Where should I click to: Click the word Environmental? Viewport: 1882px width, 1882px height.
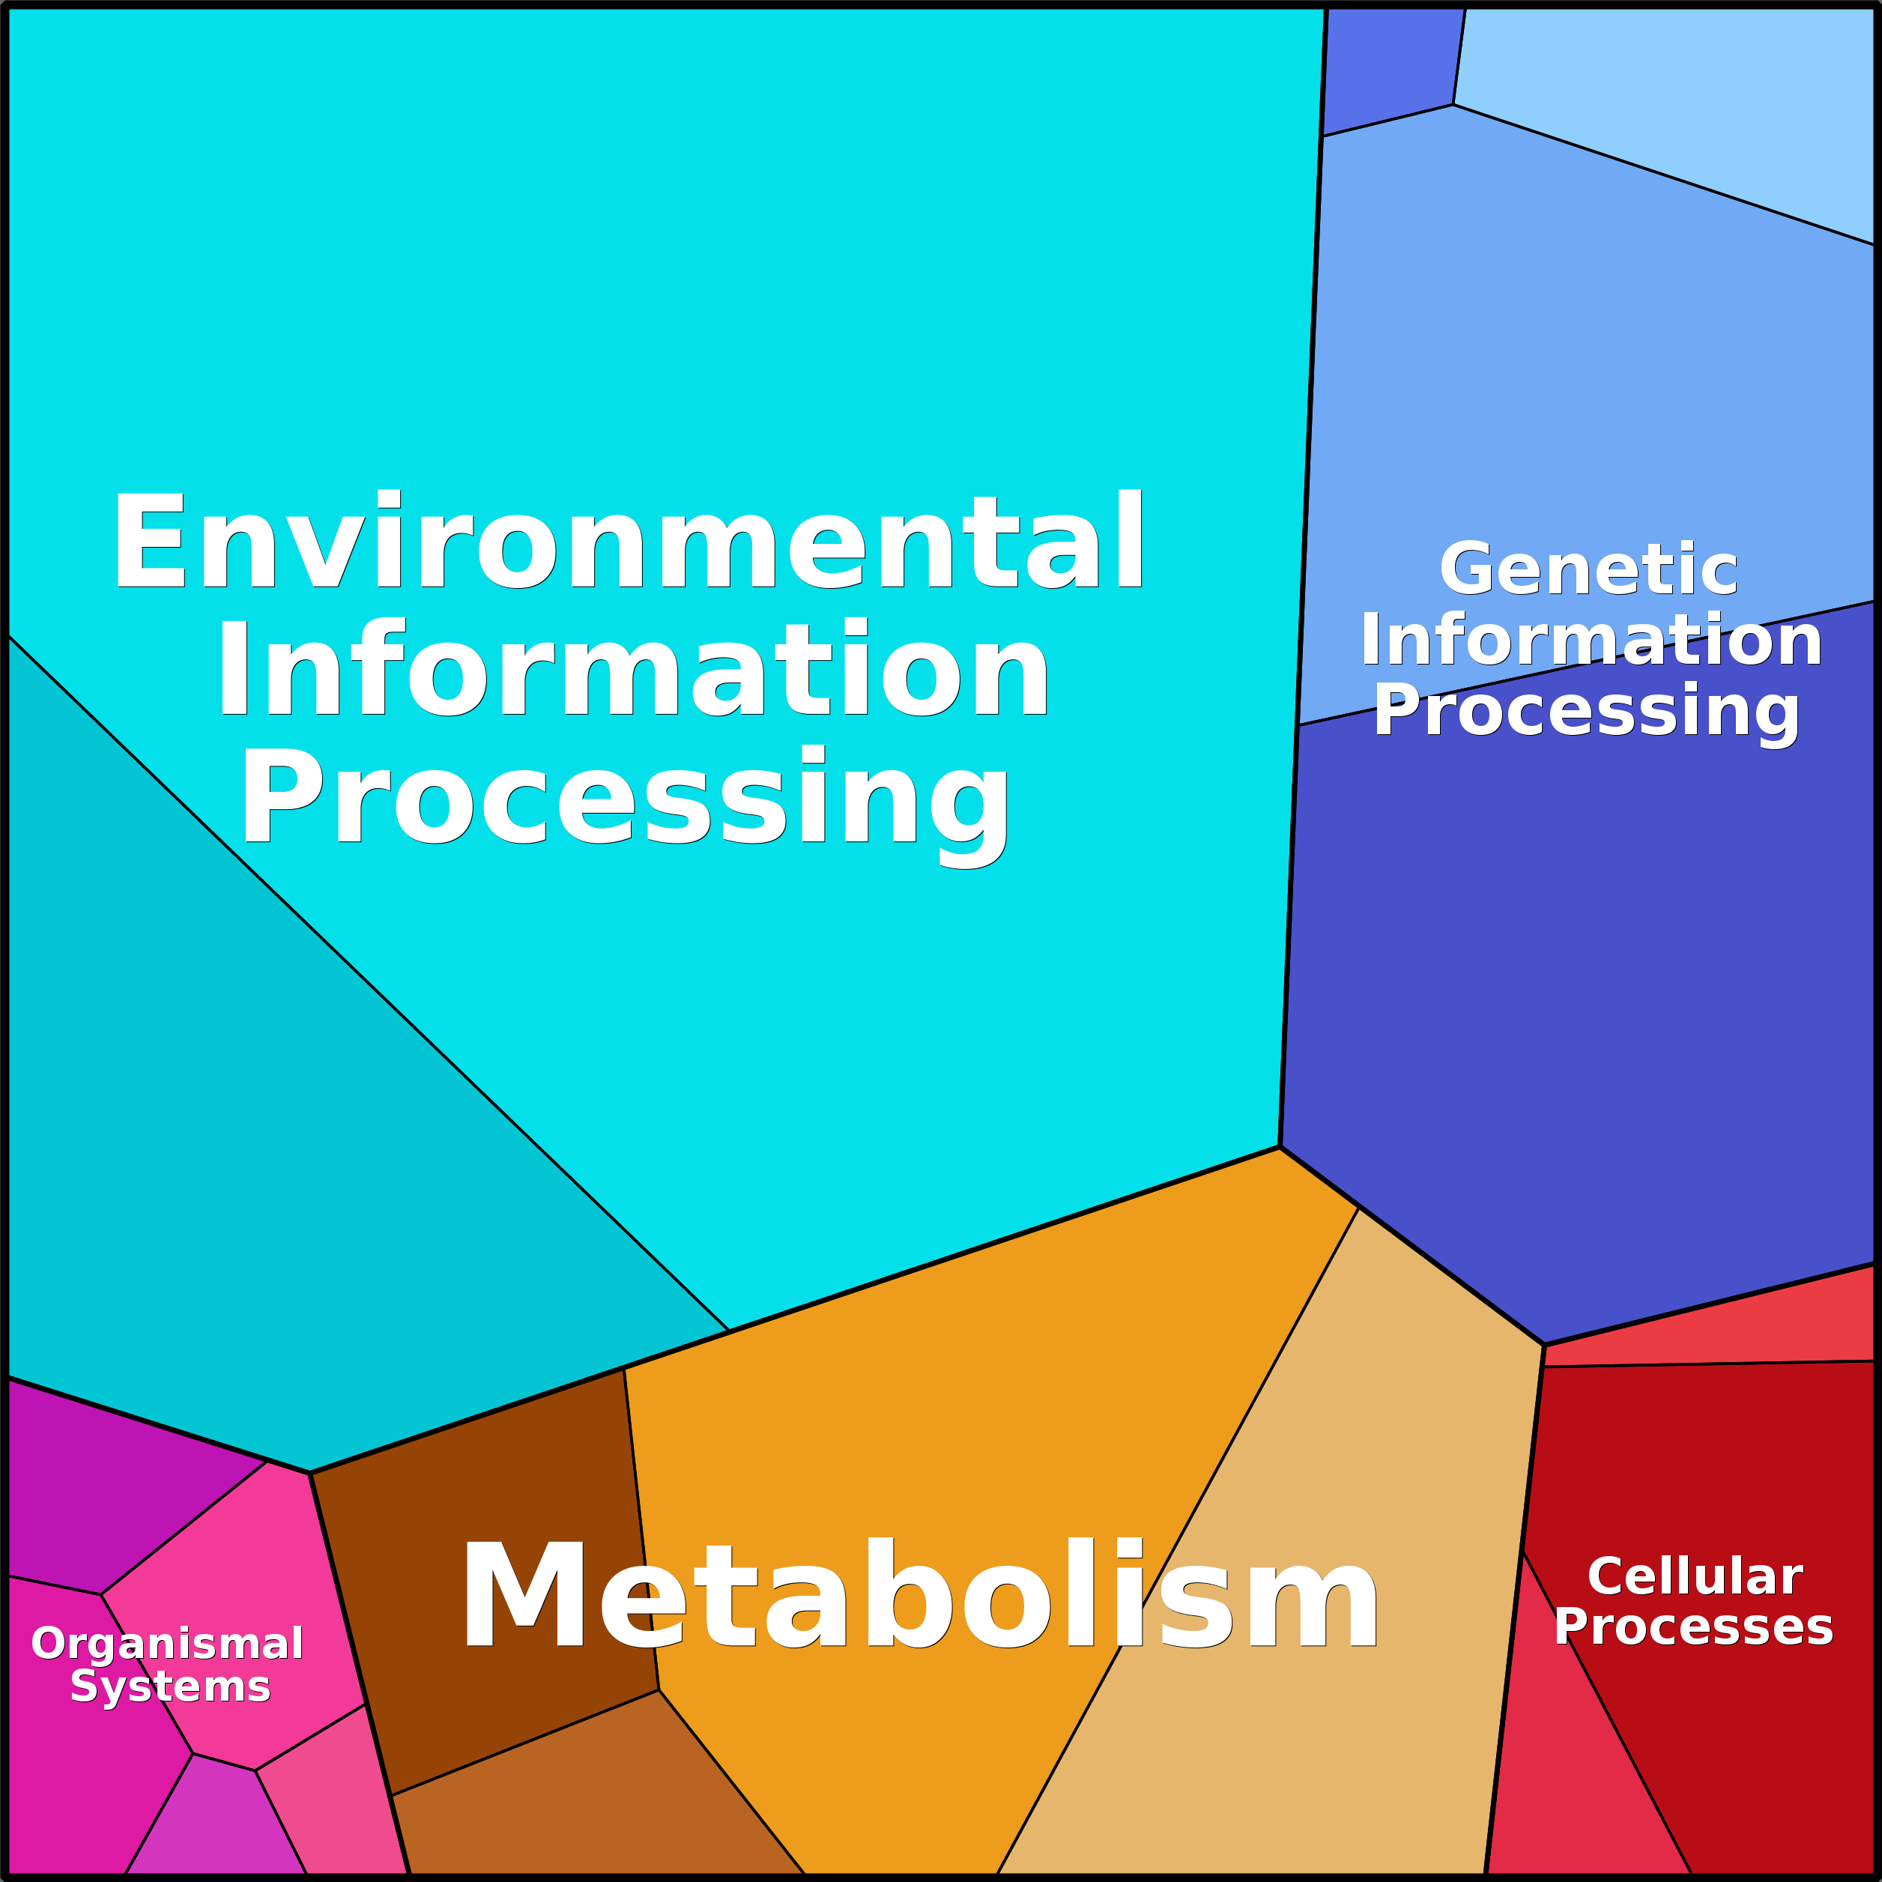(629, 541)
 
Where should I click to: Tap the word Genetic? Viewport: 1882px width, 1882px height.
(1589, 569)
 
